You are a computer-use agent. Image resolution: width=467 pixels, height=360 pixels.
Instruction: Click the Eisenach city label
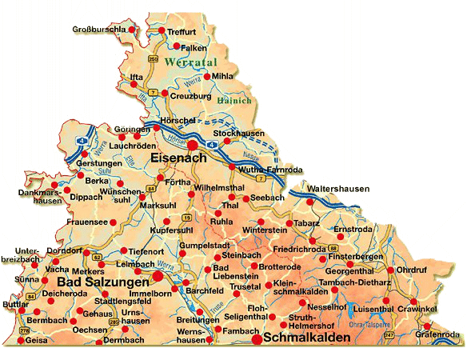[178, 158]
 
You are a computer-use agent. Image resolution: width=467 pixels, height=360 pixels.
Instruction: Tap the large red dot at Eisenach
[193, 144]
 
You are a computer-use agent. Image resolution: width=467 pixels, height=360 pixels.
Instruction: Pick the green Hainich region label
[235, 101]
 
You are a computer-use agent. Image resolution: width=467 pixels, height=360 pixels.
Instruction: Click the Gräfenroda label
[441, 334]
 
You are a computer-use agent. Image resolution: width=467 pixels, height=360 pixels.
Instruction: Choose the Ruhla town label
[222, 221]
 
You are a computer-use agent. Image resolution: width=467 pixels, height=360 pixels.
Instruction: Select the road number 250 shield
[154, 58]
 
